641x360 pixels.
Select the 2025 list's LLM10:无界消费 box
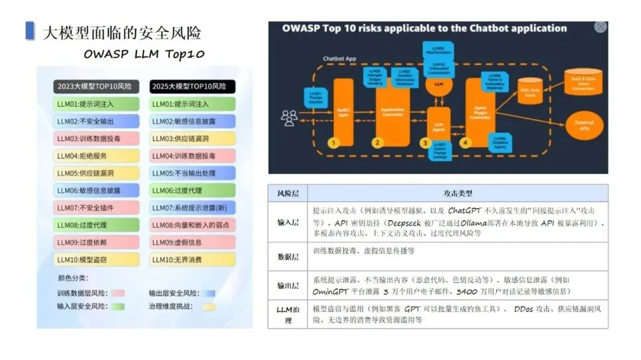[x=192, y=259]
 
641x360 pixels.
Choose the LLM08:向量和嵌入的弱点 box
[x=192, y=225]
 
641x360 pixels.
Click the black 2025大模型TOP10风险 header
[x=192, y=87]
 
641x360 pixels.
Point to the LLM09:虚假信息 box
[x=192, y=242]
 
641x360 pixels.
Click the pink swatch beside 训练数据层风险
[x=117, y=293]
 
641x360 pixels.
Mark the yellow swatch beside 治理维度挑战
[x=208, y=307]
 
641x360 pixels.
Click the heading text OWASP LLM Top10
[x=144, y=55]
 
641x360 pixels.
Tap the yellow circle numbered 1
[x=334, y=142]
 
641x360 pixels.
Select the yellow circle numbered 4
[x=465, y=142]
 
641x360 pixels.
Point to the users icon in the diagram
[x=289, y=118]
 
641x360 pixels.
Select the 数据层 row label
[x=287, y=257]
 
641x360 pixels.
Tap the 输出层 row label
[x=287, y=285]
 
